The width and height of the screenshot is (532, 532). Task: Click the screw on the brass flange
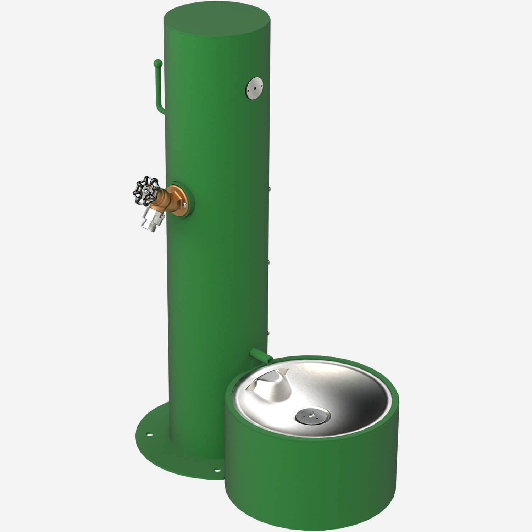point(184,204)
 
